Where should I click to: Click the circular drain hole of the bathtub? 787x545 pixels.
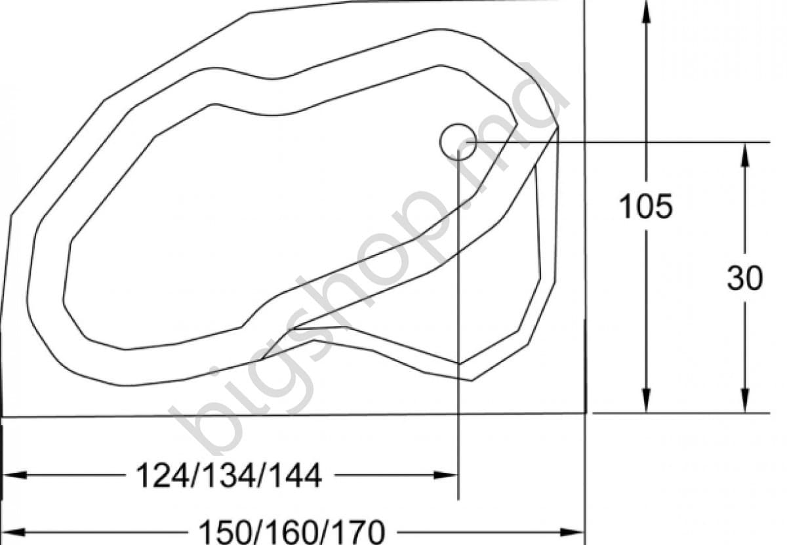coord(458,142)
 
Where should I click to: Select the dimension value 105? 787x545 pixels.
coord(646,207)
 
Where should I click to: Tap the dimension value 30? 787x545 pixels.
coord(745,278)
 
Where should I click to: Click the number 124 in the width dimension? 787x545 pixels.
coord(161,476)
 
